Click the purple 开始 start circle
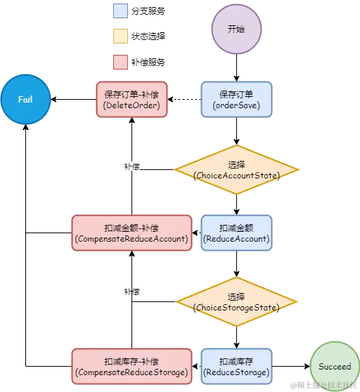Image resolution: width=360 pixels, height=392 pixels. click(237, 30)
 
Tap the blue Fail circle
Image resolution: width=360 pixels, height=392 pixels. click(25, 100)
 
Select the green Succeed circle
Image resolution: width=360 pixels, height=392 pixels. click(334, 366)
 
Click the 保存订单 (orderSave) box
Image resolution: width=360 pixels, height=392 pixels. click(236, 100)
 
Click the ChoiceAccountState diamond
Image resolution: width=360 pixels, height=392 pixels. click(236, 169)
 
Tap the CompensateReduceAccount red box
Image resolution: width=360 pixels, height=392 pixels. click(131, 233)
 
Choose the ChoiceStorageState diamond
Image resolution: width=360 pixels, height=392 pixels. click(236, 302)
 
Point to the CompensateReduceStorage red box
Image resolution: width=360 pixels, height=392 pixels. click(131, 366)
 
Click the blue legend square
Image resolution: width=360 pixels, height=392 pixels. click(121, 11)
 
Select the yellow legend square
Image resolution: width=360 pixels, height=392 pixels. click(121, 37)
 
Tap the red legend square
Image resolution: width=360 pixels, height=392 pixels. click(121, 62)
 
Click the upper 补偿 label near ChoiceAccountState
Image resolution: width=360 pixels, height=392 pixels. click(131, 167)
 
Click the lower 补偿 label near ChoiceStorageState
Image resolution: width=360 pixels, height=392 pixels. click(131, 291)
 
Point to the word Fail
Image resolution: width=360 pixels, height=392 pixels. click(25, 100)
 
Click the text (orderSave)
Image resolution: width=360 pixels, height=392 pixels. click(236, 105)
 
